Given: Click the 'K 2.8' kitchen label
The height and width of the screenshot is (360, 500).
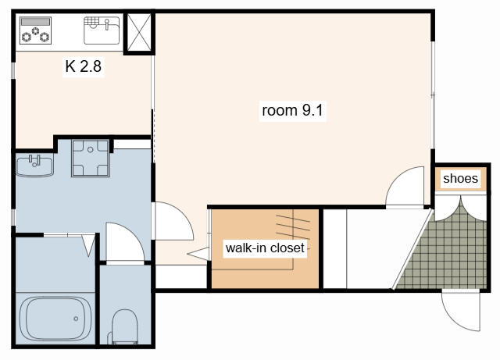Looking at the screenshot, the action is point(84,66).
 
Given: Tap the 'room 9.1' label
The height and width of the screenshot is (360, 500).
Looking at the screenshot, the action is point(292,110).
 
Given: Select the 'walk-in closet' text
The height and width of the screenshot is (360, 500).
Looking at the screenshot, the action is point(265,248).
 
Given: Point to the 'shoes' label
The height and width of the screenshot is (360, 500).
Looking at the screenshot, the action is point(460,178).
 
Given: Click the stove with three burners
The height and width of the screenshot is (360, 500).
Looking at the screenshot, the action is point(35,30).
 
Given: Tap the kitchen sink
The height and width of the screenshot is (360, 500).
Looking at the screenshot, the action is point(102,30).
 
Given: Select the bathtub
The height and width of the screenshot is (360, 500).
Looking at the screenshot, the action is point(55,319).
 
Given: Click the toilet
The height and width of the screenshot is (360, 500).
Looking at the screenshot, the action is point(125,327).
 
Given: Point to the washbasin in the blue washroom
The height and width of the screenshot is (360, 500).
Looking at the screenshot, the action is point(34,166).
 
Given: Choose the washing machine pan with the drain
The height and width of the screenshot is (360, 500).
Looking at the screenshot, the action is point(91,158).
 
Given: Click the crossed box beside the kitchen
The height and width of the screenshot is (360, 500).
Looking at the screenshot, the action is point(139,32).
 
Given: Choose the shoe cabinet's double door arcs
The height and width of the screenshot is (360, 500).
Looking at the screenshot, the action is point(460,209).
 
